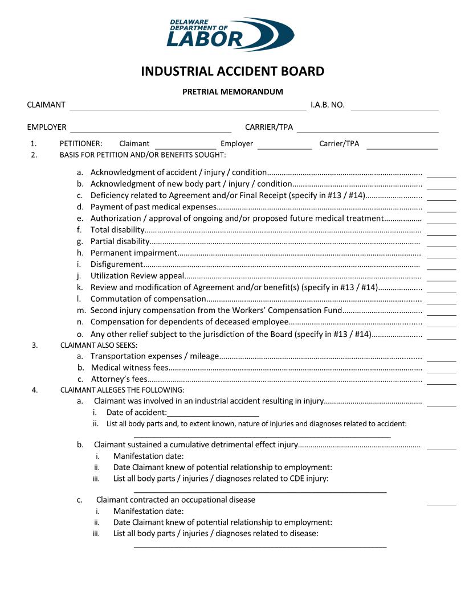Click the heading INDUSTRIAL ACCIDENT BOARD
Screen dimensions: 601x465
[x=232, y=72]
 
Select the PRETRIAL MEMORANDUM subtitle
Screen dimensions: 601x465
[x=232, y=92]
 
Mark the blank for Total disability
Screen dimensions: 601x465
[x=441, y=232]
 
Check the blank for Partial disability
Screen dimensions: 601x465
[x=441, y=244]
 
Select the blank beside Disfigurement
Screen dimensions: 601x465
[x=441, y=267]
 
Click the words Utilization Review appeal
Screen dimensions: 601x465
[x=137, y=276]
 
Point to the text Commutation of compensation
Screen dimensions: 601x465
[x=148, y=299]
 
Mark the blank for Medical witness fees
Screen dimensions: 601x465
[x=441, y=370]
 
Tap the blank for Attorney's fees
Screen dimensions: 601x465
[x=441, y=381]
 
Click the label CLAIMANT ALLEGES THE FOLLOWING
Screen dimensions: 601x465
[x=123, y=390]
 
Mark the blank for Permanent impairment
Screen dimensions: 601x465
[x=441, y=255]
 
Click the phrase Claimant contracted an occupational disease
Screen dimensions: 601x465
[x=176, y=500]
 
